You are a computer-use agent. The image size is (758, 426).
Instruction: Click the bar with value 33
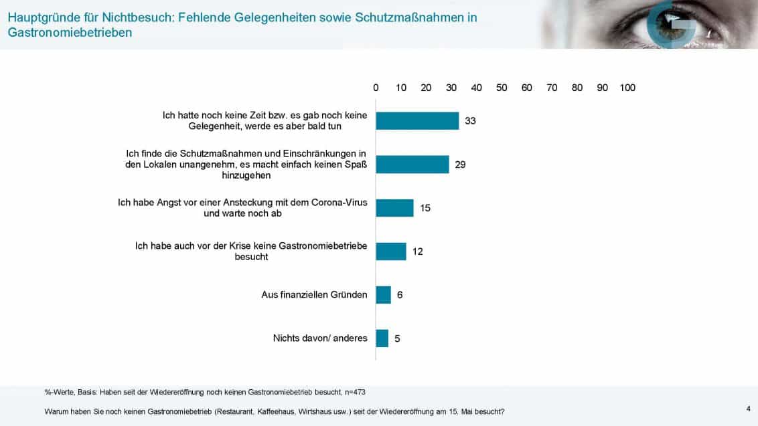[417, 120]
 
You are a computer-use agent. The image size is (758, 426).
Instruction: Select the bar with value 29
[412, 165]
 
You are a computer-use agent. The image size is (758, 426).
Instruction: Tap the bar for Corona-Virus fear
[394, 208]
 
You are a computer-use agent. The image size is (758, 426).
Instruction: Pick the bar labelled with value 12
[390, 251]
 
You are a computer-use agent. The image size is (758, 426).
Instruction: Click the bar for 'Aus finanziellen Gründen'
[383, 295]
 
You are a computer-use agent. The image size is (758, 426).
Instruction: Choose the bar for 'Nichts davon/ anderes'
[382, 338]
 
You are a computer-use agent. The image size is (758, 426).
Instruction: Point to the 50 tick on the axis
[502, 88]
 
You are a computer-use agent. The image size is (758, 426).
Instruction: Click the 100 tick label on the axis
[627, 88]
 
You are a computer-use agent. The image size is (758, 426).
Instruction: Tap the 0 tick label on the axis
[376, 88]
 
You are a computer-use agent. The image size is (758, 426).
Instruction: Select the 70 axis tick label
[552, 88]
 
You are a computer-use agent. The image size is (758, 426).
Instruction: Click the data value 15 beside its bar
[425, 208]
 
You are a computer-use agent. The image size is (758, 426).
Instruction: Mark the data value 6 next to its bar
[400, 295]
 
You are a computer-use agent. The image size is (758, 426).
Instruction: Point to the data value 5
[397, 338]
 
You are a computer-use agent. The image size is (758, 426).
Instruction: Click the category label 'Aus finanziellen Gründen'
[314, 295]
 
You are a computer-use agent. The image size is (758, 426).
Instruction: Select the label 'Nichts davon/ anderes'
[320, 338]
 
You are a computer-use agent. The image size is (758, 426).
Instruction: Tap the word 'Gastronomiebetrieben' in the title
[70, 32]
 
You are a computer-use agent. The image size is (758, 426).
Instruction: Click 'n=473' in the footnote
[352, 392]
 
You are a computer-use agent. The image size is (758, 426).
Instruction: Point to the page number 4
[748, 407]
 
